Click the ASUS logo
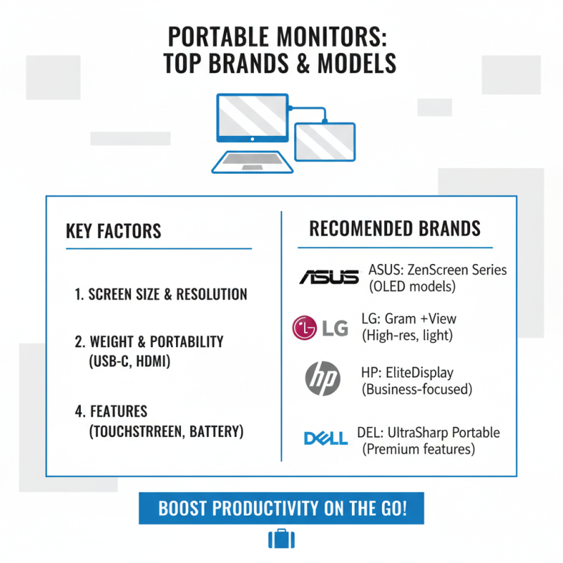click(x=329, y=277)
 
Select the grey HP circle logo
click(x=323, y=378)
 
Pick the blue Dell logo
click(x=325, y=438)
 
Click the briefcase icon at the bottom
click(x=281, y=540)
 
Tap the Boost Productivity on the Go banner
click(x=281, y=509)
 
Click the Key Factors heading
click(x=113, y=231)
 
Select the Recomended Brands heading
click(x=395, y=228)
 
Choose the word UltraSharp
click(x=428, y=433)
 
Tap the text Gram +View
click(x=419, y=320)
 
